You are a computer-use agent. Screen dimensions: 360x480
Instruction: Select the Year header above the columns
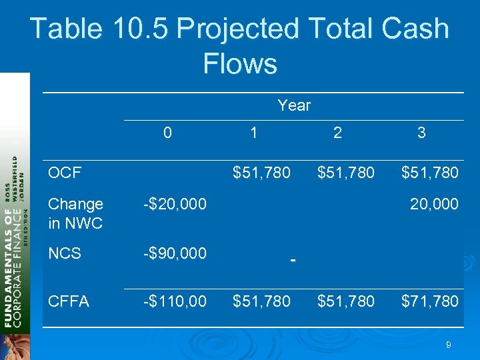[x=294, y=105]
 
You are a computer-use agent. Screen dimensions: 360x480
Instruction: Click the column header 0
[x=167, y=133]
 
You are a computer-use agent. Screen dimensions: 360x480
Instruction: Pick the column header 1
[x=253, y=133]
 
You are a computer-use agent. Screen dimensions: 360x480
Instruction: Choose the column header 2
[x=338, y=133]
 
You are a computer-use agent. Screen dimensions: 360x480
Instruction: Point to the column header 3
[x=421, y=133]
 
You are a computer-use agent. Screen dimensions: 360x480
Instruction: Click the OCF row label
[x=65, y=173]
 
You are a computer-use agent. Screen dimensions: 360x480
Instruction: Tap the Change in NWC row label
[x=75, y=213]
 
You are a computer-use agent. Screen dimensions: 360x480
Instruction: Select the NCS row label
[x=65, y=253]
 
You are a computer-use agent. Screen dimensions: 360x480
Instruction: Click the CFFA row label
[x=69, y=301]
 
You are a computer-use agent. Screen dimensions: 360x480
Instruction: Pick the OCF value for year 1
[x=261, y=173]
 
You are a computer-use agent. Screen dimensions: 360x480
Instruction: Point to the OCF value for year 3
[x=429, y=173]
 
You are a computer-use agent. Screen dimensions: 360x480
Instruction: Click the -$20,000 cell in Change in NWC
[x=175, y=204]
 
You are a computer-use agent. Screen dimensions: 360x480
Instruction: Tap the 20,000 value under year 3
[x=434, y=204]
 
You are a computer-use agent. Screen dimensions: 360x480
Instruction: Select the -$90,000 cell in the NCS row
[x=175, y=253]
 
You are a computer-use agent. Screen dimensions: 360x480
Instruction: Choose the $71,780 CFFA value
[x=429, y=301]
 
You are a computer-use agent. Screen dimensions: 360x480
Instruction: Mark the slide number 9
[x=449, y=345]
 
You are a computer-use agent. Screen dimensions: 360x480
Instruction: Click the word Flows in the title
[x=239, y=64]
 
